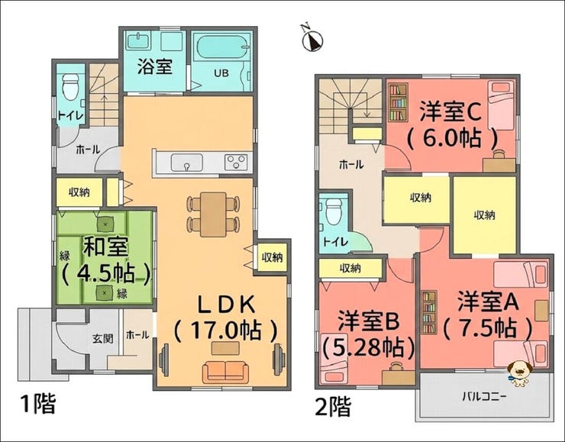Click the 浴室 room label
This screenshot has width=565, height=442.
click(x=155, y=66)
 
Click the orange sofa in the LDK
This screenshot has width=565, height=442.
click(x=225, y=372)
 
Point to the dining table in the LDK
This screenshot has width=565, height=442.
click(x=213, y=215)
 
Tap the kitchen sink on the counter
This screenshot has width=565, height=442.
click(x=186, y=162)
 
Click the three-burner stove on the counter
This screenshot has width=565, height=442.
click(x=236, y=162)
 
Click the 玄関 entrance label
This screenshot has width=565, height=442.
click(x=103, y=339)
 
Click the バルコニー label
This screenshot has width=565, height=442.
click(x=485, y=397)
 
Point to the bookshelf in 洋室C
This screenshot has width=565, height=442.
click(x=398, y=102)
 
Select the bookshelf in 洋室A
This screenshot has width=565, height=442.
click(x=429, y=312)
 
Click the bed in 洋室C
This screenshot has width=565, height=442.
click(x=501, y=105)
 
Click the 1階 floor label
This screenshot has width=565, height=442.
click(x=38, y=404)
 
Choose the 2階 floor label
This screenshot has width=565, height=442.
click(x=333, y=407)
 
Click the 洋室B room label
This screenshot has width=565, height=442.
click(x=368, y=321)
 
